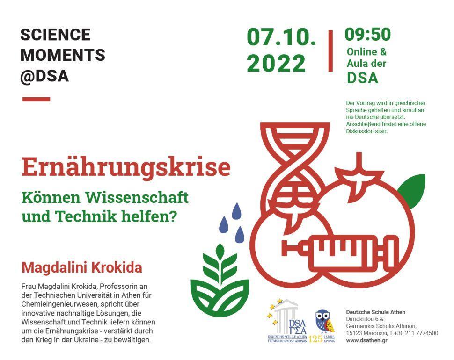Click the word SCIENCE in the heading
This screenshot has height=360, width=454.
click(x=55, y=35)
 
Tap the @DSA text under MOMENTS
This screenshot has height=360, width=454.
click(x=44, y=76)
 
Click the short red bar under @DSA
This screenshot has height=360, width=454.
click(x=36, y=99)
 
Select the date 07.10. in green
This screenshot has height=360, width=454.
click(x=281, y=37)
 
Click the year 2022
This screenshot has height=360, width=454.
click(x=276, y=63)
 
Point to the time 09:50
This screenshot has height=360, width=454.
click(x=367, y=34)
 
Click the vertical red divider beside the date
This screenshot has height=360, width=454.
click(x=330, y=50)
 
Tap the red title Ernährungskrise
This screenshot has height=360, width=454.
click(x=126, y=167)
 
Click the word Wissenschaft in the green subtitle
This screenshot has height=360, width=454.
click(x=137, y=198)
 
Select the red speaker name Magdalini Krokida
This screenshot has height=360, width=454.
click(x=81, y=267)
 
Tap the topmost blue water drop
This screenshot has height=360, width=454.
click(x=236, y=211)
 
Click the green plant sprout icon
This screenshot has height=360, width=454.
click(x=220, y=281)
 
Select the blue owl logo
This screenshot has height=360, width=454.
click(x=324, y=321)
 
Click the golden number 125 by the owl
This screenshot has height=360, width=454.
click(x=315, y=339)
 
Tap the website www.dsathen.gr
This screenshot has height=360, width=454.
click(x=366, y=340)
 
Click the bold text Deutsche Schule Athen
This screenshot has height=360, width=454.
click(x=375, y=312)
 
